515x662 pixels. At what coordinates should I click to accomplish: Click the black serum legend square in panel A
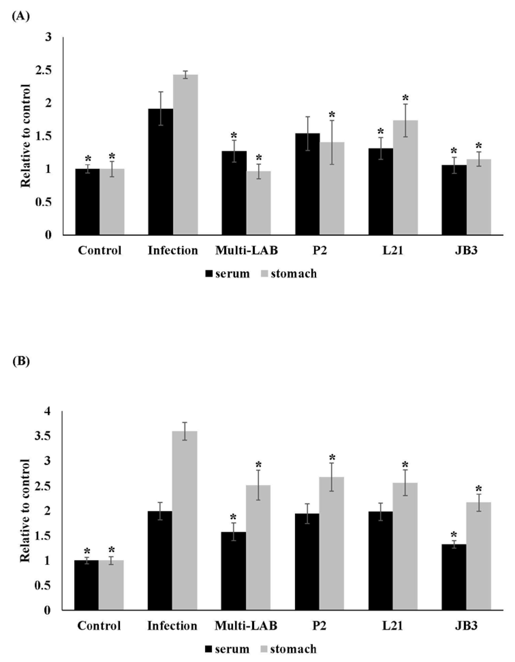tap(209, 274)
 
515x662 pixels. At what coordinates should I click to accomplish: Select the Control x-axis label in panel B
tap(99, 626)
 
